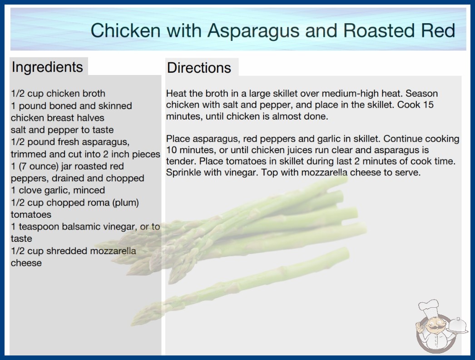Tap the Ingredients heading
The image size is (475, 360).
(x=47, y=67)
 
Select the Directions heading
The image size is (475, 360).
(x=199, y=68)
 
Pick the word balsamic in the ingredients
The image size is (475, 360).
(x=81, y=226)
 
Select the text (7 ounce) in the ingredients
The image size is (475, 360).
(x=39, y=166)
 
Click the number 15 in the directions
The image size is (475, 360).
(x=428, y=105)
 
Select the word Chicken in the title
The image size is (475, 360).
(x=125, y=30)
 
